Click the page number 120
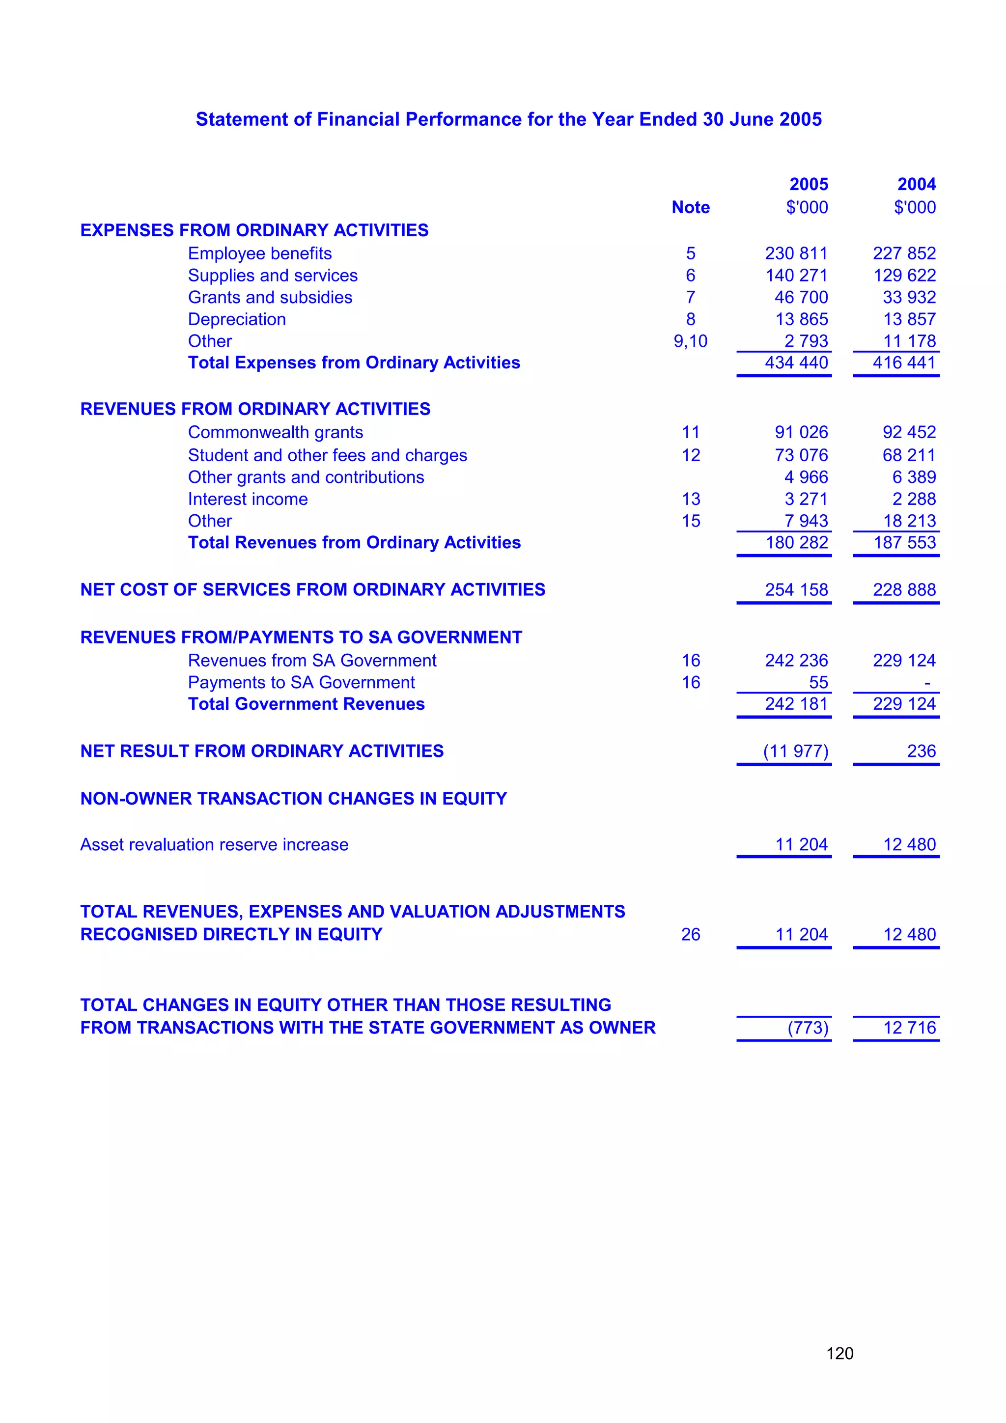point(839,1353)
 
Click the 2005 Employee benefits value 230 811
point(796,253)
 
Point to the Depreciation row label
point(237,319)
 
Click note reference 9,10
point(691,341)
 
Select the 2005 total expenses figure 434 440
point(796,363)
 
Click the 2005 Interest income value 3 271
point(806,499)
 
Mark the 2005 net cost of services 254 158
point(796,589)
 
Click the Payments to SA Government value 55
point(818,682)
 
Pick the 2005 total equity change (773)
point(808,1028)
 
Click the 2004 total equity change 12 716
point(909,1028)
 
